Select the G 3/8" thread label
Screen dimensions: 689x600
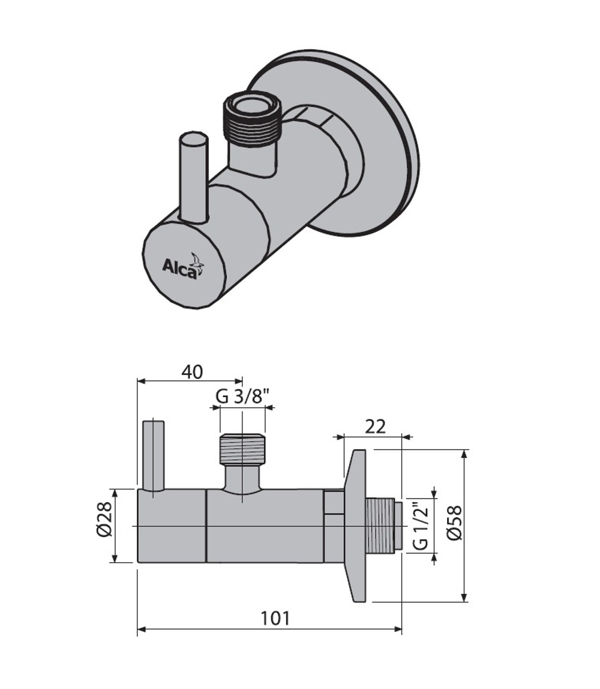pos(242,396)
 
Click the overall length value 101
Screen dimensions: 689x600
pos(274,618)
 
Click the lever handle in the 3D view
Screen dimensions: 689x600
pos(194,177)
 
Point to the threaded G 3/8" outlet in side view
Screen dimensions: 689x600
pos(242,449)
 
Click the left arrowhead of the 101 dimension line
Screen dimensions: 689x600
pos(142,630)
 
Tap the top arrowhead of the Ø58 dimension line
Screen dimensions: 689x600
pos(464,453)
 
